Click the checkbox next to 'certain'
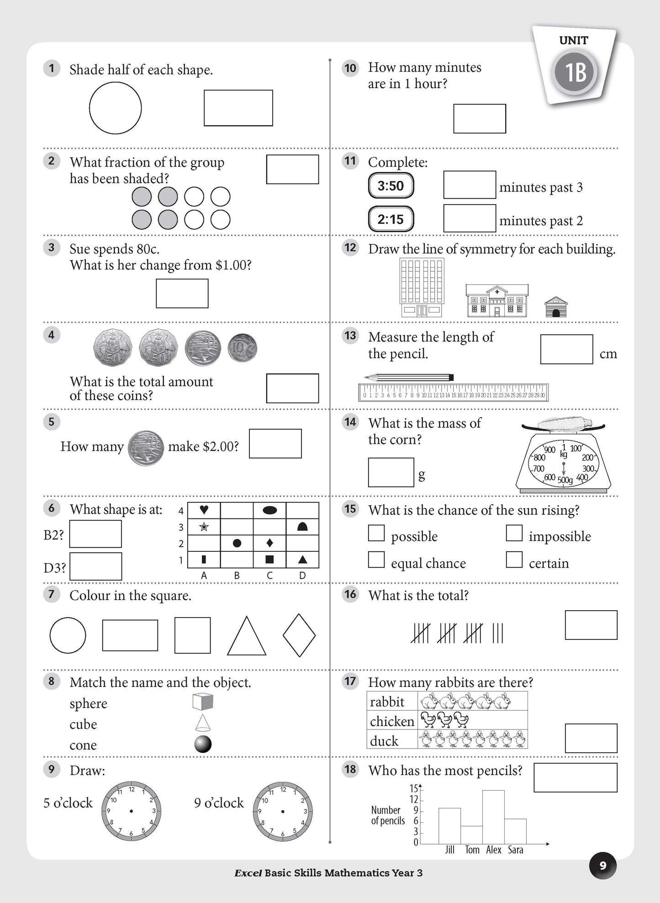click(514, 560)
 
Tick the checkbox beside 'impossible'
click(514, 533)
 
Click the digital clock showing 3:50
click(391, 186)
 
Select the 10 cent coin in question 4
click(242, 348)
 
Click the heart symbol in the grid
click(204, 510)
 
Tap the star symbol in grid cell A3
click(204, 527)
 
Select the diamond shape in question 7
click(299, 635)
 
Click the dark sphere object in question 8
click(203, 744)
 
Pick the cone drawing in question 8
click(202, 723)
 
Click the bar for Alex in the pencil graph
click(493, 817)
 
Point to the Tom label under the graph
click(472, 850)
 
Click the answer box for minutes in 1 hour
click(479, 119)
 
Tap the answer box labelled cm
click(566, 349)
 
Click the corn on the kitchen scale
click(564, 424)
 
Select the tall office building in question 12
click(421, 287)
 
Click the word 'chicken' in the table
click(392, 722)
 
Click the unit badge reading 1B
click(575, 72)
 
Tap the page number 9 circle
click(602, 866)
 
